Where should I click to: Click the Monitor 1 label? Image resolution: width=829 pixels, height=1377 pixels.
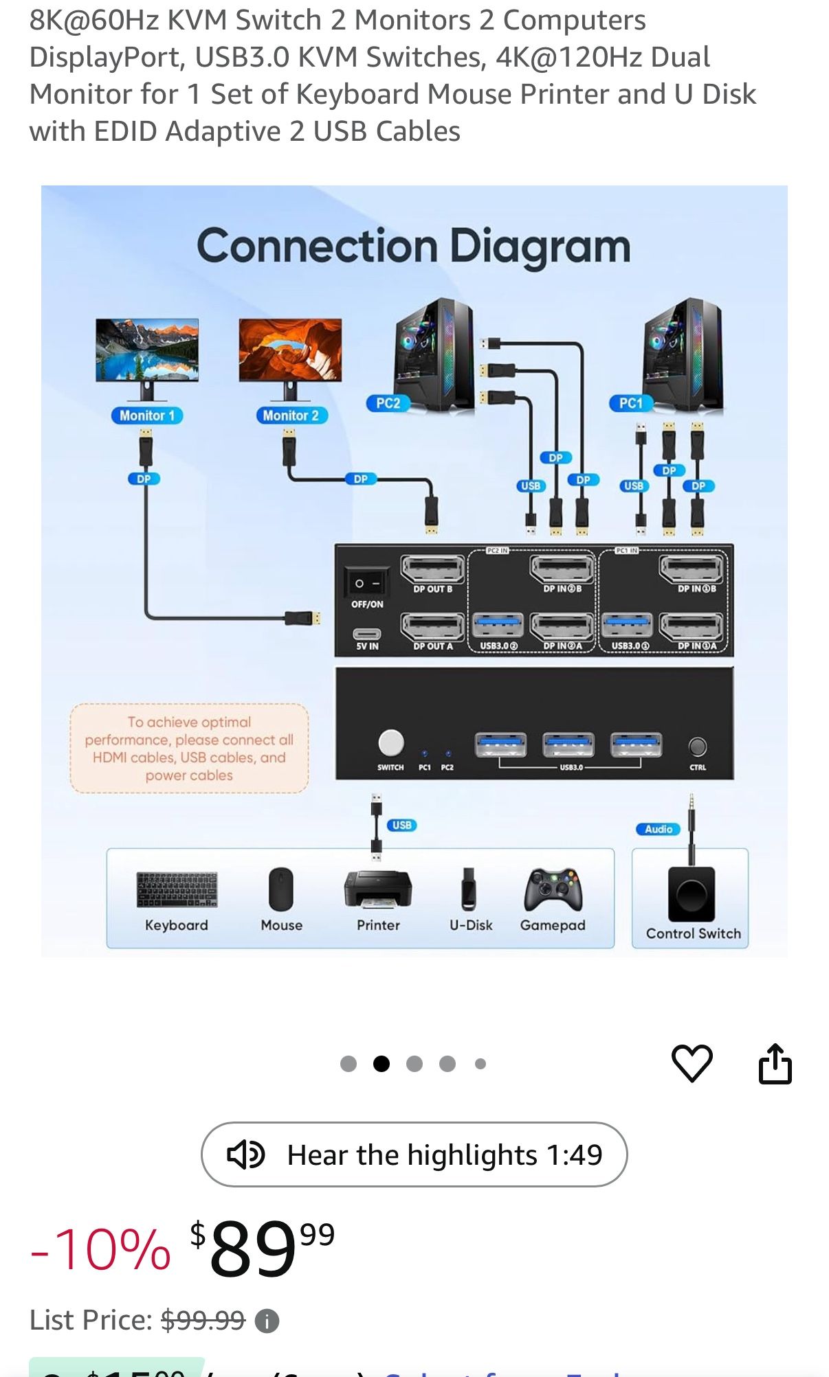coord(146,416)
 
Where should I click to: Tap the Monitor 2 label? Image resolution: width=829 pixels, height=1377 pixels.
coord(291,416)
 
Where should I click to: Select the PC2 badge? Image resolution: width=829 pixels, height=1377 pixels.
coord(388,403)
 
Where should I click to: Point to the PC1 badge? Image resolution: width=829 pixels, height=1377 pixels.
coord(630,403)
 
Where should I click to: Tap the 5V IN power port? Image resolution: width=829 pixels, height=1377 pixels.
coord(366,634)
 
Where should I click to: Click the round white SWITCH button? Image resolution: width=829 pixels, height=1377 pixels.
coord(391,742)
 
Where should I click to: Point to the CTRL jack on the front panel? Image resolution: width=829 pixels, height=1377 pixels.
coord(698,746)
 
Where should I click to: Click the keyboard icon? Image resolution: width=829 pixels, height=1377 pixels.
coord(177,889)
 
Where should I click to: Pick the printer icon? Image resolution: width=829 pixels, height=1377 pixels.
coord(377,889)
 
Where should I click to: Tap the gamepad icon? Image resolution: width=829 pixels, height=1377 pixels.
coord(553,889)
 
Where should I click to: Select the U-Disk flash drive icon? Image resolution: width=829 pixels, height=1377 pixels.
coord(469,889)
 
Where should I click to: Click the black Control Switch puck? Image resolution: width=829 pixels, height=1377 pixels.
coord(691,894)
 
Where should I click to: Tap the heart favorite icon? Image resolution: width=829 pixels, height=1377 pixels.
coord(692,1064)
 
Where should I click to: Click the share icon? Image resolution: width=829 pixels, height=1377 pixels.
coord(775,1064)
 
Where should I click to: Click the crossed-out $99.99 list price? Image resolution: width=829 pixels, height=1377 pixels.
coord(203,1320)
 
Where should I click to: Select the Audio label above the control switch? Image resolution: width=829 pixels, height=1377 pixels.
coord(658,829)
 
